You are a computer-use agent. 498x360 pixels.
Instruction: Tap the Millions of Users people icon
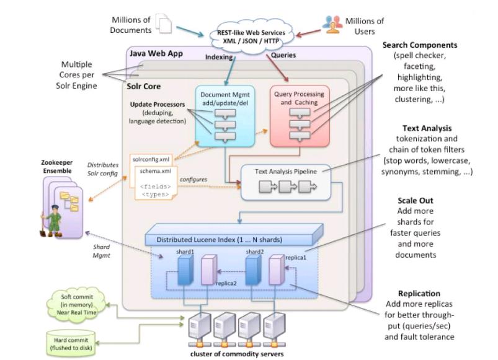coord(332,25)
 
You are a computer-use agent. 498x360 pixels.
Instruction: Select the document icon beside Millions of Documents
coord(164,24)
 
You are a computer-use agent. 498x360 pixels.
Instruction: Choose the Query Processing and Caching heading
coord(300,97)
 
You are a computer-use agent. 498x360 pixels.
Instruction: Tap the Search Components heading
coord(429,45)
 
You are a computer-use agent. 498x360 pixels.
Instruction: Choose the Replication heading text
coord(420,292)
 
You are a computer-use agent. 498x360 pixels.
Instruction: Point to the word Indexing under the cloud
coord(219,55)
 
